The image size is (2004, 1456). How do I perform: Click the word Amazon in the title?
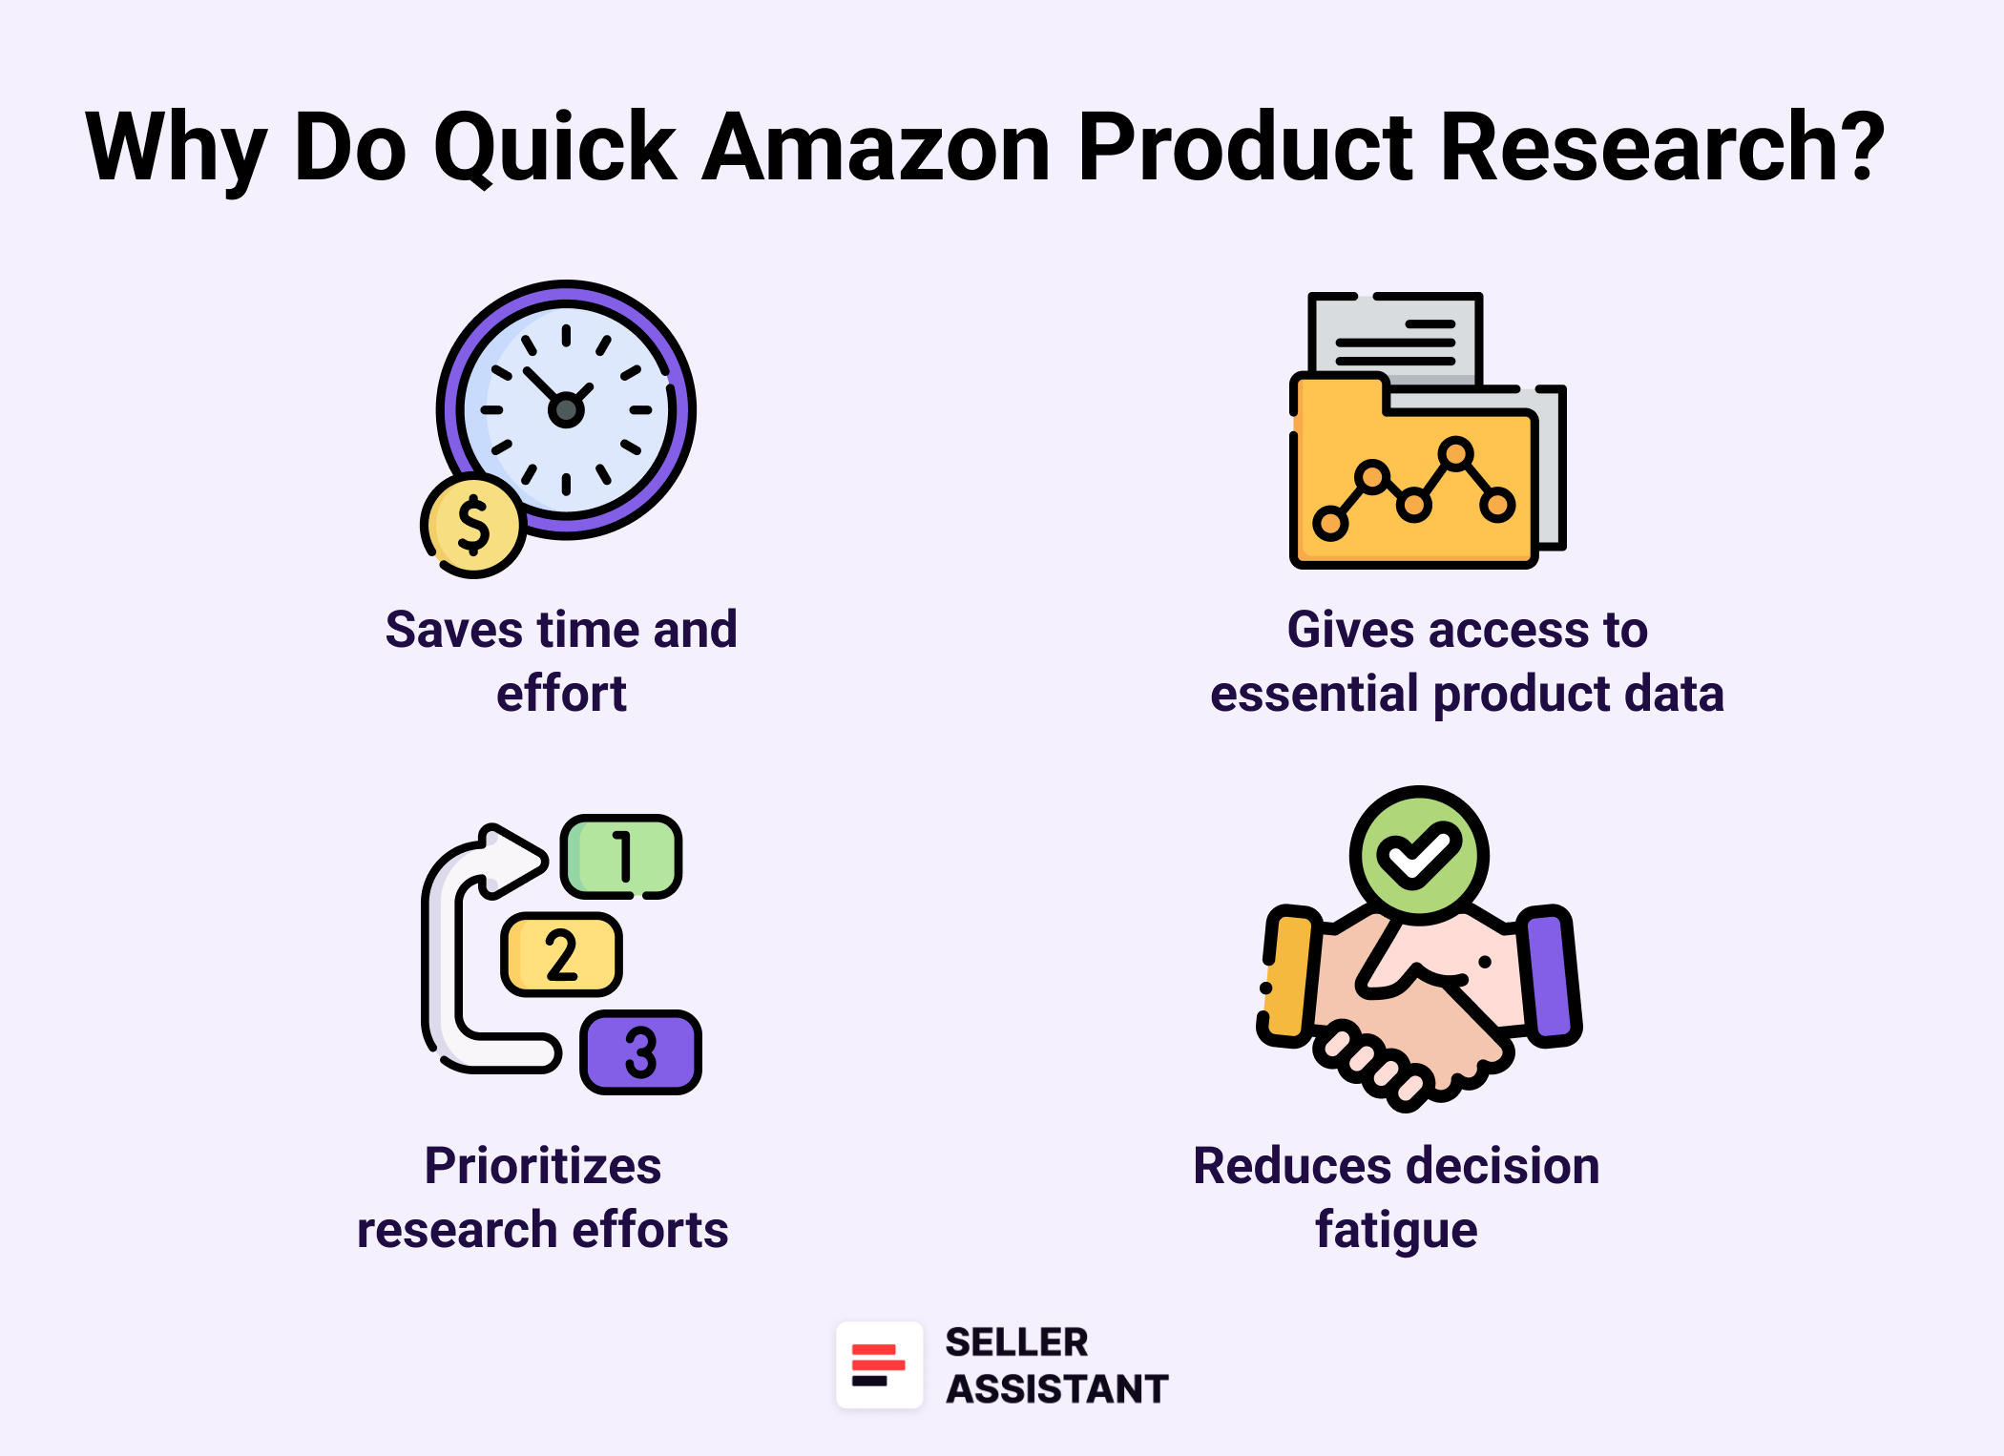[876, 148]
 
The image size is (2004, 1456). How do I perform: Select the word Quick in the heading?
[554, 148]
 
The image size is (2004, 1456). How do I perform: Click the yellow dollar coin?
[472, 526]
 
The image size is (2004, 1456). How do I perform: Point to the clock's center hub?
[566, 410]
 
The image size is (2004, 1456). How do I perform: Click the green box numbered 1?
[621, 856]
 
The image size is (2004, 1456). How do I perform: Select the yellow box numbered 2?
[561, 954]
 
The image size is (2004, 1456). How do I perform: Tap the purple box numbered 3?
[640, 1051]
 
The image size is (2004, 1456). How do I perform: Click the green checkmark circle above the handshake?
[1419, 855]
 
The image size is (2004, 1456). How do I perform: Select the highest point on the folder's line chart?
[1455, 453]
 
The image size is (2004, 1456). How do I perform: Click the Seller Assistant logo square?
[879, 1364]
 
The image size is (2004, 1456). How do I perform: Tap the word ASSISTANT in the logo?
[1056, 1389]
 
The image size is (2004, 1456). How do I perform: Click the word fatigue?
[1396, 1229]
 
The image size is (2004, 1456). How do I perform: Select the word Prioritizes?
[542, 1166]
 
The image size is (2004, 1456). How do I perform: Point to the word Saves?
[453, 630]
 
